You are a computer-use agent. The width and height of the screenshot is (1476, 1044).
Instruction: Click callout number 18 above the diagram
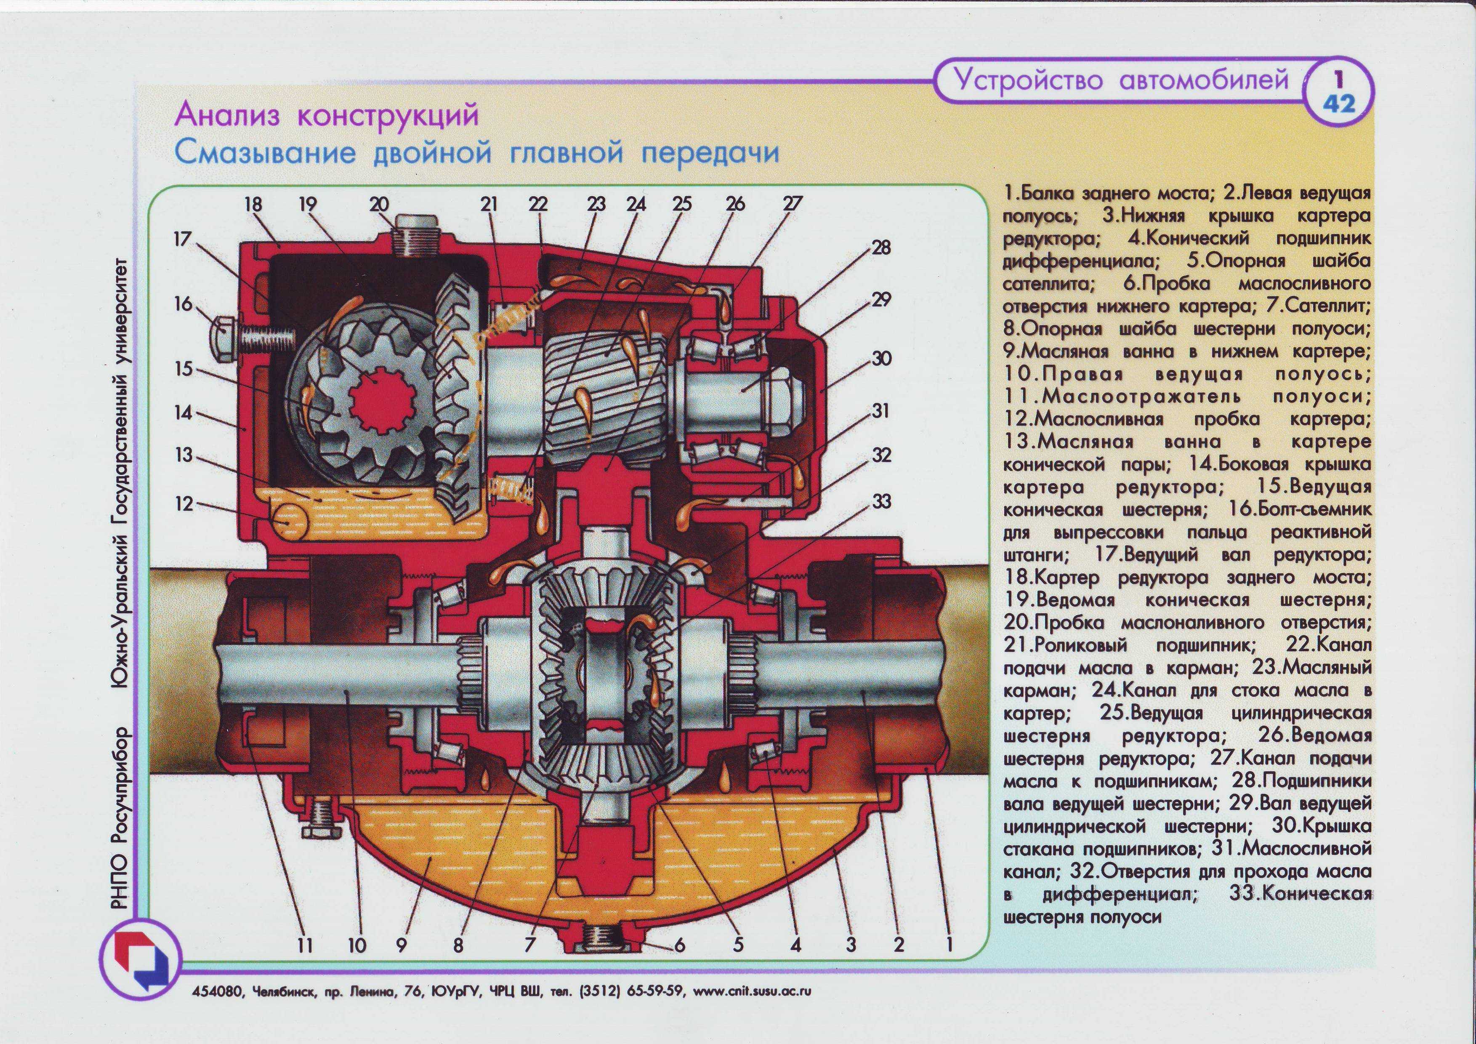point(253,205)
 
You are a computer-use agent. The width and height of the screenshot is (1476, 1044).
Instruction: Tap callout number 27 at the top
point(792,205)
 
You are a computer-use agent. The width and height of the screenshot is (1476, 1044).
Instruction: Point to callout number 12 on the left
point(184,503)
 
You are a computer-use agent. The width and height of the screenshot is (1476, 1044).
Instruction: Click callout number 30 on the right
point(881,358)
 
